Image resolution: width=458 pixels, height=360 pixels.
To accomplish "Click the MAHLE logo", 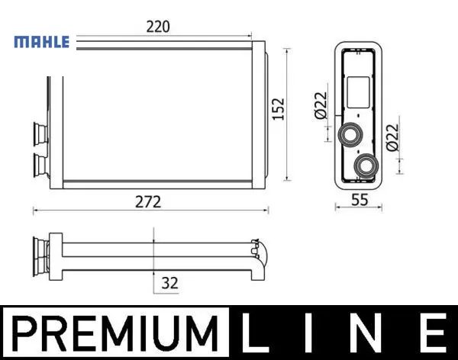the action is click(x=42, y=42).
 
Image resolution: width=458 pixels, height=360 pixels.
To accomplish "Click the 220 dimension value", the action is click(x=158, y=27).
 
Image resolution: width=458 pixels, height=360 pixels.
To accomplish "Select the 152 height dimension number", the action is click(x=278, y=108).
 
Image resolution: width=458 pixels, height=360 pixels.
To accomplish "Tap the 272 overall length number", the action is click(x=148, y=202).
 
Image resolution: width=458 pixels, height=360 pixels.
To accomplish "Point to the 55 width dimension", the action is click(x=360, y=200).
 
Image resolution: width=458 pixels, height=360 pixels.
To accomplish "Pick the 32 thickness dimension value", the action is click(x=169, y=283).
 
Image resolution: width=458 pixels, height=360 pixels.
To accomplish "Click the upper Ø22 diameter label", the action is click(x=321, y=106).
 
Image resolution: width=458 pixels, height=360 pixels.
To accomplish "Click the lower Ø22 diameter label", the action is click(x=392, y=137).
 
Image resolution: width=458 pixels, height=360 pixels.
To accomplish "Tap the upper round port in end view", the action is click(x=350, y=134).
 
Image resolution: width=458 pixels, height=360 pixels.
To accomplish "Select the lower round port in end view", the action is click(x=366, y=166).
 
